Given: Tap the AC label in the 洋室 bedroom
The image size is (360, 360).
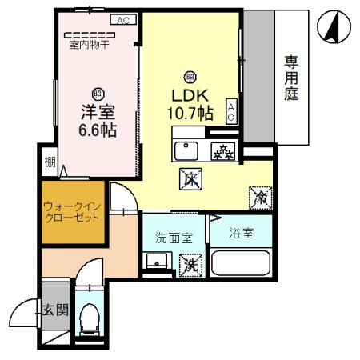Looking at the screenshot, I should coord(122,20).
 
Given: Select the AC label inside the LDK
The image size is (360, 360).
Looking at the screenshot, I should coord(231,111).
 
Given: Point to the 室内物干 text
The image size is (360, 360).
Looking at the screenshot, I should coord(89,45).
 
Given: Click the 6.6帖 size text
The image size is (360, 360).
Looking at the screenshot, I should coord(98,129).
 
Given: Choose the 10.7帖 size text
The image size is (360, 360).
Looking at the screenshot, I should coord(190,113).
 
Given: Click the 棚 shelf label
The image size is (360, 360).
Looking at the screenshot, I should coord(50,163).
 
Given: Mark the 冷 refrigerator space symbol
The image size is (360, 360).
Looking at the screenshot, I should coord(260,195).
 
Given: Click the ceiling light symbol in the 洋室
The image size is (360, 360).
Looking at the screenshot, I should coord(98,93).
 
